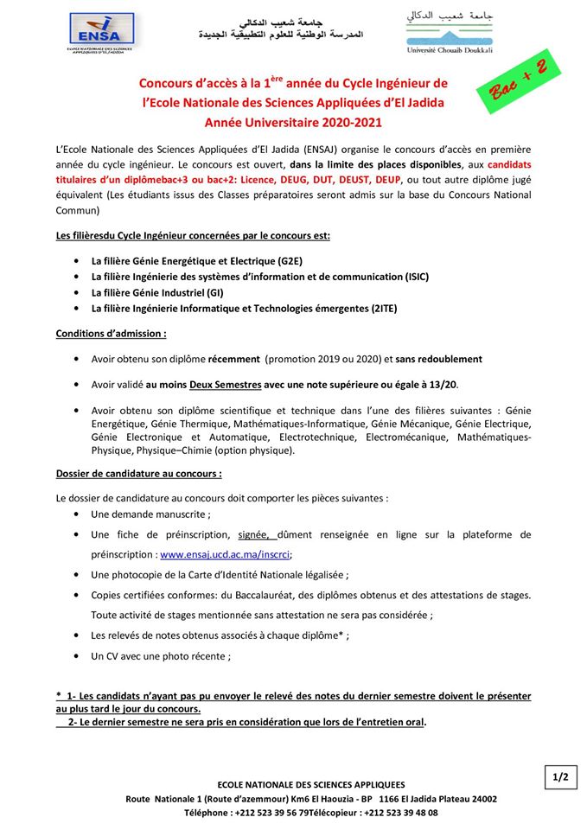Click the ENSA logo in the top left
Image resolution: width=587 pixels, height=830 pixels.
tap(101, 33)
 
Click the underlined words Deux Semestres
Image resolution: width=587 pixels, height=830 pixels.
tap(226, 385)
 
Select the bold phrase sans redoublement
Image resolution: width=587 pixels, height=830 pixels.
tap(440, 359)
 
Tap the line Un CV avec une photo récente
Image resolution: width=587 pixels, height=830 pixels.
tap(161, 656)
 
